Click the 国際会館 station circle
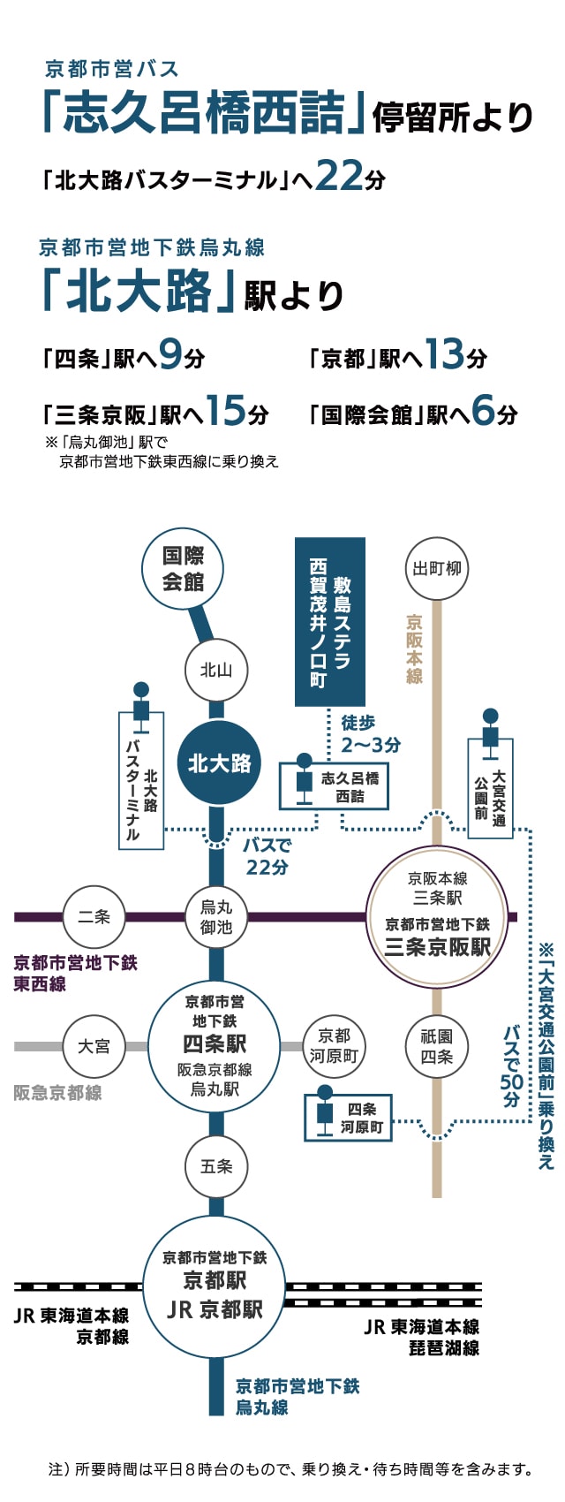[183, 568]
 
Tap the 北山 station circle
[216, 671]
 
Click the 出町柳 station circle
[437, 568]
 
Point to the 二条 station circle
[94, 916]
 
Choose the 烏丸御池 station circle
[216, 916]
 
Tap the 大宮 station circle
[94, 1046]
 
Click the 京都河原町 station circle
[334, 1046]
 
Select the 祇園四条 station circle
[437, 1046]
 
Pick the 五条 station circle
[216, 1166]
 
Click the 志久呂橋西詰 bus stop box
[335, 786]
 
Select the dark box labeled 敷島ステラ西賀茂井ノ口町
[329, 622]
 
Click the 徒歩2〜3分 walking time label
[370, 734]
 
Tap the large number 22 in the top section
[339, 175]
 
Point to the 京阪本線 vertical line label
[414, 649]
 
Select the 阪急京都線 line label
[57, 1093]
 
